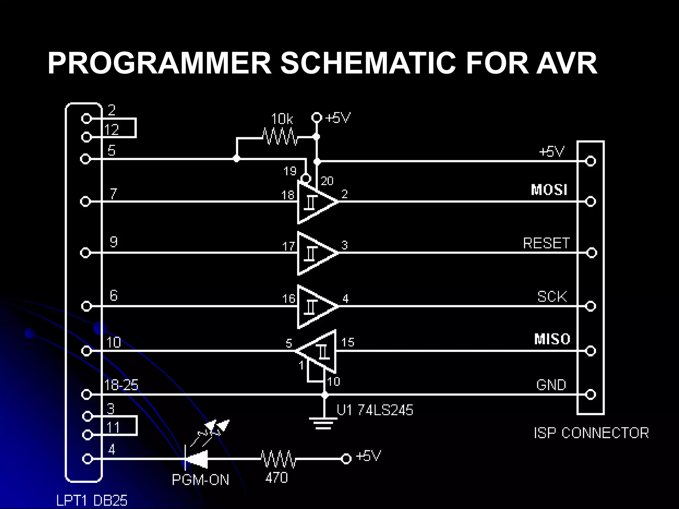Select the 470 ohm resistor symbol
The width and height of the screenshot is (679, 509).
pyautogui.click(x=278, y=459)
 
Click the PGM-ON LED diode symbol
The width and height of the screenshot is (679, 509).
pyautogui.click(x=196, y=459)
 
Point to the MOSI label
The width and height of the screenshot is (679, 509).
pyautogui.click(x=549, y=190)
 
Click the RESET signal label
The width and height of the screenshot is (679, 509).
pyautogui.click(x=546, y=243)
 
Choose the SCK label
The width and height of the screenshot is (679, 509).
pyautogui.click(x=552, y=296)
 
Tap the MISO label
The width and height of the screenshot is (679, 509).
pyautogui.click(x=552, y=339)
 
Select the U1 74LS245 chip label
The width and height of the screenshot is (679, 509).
pyautogui.click(x=375, y=410)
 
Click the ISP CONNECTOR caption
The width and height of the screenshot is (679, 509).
pyautogui.click(x=591, y=433)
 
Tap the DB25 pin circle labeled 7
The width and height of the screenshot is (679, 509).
pyautogui.click(x=86, y=201)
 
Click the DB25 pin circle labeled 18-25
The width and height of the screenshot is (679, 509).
pyautogui.click(x=86, y=394)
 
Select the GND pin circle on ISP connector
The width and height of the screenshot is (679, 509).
pyautogui.click(x=590, y=394)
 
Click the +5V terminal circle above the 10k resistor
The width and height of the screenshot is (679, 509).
pyautogui.click(x=317, y=117)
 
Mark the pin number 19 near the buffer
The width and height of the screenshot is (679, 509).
pyautogui.click(x=290, y=171)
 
